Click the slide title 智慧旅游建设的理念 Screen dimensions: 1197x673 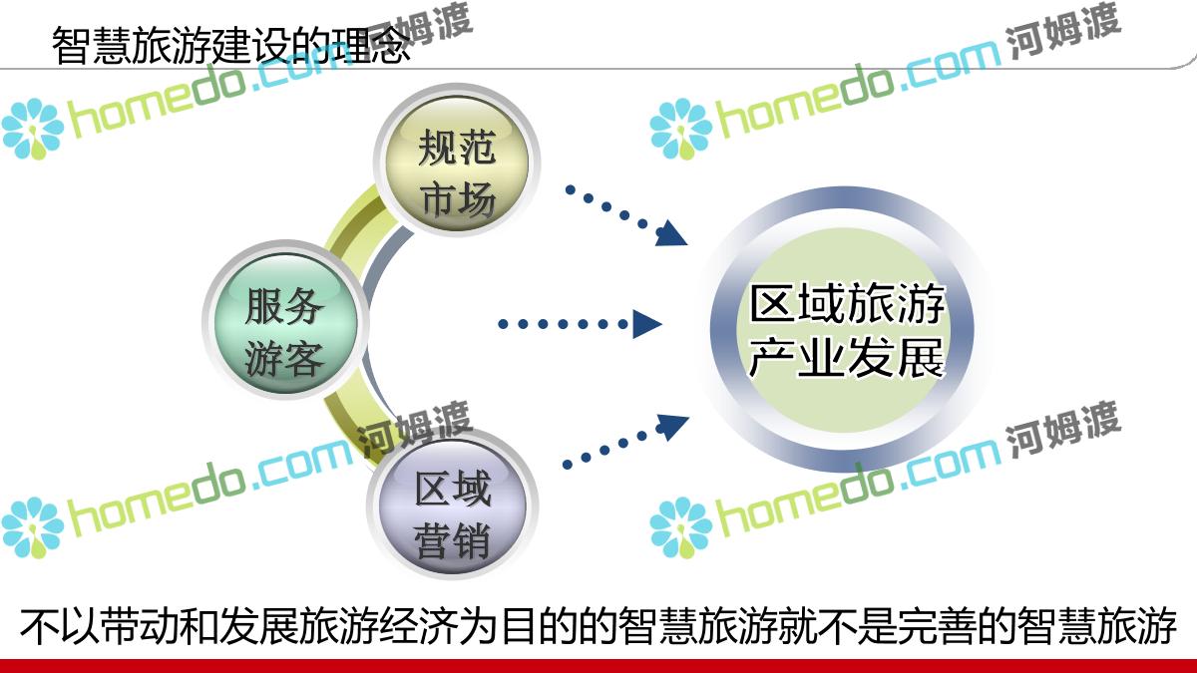click(231, 46)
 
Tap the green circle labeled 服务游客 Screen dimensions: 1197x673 click(285, 320)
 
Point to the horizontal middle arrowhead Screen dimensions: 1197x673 click(646, 324)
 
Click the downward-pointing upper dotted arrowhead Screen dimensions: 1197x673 click(671, 234)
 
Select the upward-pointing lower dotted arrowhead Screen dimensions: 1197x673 click(672, 427)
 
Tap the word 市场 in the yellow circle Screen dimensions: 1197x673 click(458, 200)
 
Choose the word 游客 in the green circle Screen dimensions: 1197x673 click(284, 358)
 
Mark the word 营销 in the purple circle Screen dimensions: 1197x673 click(452, 540)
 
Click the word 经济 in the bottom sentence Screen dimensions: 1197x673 click(418, 625)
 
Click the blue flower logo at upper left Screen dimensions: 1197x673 click(32, 130)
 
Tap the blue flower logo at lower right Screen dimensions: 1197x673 click(680, 527)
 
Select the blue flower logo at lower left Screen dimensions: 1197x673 click(32, 527)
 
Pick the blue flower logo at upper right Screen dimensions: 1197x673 click(680, 130)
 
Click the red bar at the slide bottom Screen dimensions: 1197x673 click(598, 666)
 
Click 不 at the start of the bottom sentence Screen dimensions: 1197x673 click(40, 625)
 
